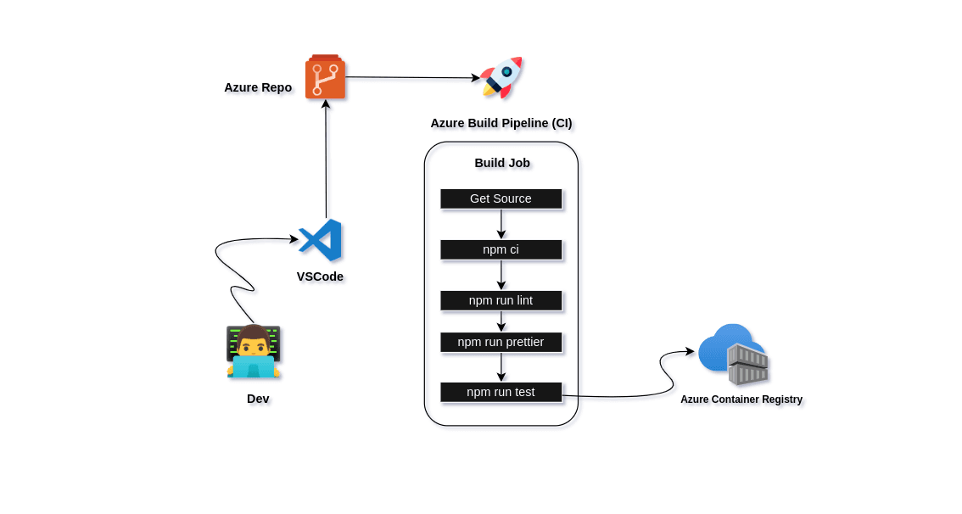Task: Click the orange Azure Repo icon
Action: point(325,78)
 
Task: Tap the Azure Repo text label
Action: point(258,87)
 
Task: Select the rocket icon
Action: point(501,78)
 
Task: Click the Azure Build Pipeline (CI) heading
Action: point(501,123)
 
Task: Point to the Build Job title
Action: point(502,163)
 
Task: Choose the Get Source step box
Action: point(501,198)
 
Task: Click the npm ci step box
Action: point(501,249)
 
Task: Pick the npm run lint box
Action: point(501,300)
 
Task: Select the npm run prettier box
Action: point(501,342)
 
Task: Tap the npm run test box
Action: point(501,392)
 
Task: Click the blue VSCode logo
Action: point(321,240)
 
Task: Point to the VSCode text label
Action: point(320,277)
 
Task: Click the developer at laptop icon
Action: point(253,351)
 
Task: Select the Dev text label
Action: point(258,399)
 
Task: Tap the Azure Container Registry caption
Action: point(741,399)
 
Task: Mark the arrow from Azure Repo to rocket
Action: point(411,78)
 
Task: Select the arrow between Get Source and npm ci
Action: point(501,224)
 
